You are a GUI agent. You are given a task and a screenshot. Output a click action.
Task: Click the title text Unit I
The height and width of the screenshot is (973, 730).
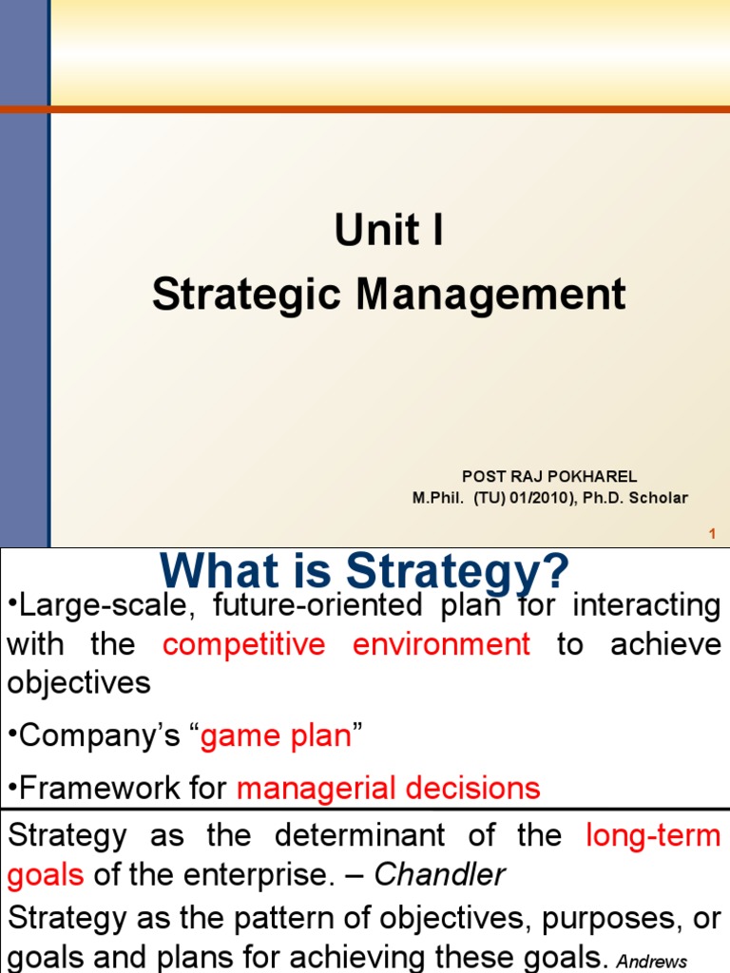pos(389,231)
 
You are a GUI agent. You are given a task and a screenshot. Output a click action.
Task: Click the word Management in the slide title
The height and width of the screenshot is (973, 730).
pos(491,295)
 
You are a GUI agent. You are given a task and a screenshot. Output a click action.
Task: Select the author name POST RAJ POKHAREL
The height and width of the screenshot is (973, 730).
pos(549,476)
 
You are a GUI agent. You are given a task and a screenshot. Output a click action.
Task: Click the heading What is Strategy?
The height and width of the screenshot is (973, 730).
pos(364,571)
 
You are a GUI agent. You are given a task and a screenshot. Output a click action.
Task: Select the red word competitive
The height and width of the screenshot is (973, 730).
pos(243,644)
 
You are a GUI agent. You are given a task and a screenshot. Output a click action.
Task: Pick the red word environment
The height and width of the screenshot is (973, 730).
pos(441,644)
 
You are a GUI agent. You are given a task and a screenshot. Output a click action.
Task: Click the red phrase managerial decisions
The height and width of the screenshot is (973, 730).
pos(388,787)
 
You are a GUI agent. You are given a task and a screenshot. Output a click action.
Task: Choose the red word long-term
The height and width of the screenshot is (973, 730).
pos(654,835)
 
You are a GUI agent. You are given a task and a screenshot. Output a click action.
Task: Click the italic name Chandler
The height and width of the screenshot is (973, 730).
pos(440,875)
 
